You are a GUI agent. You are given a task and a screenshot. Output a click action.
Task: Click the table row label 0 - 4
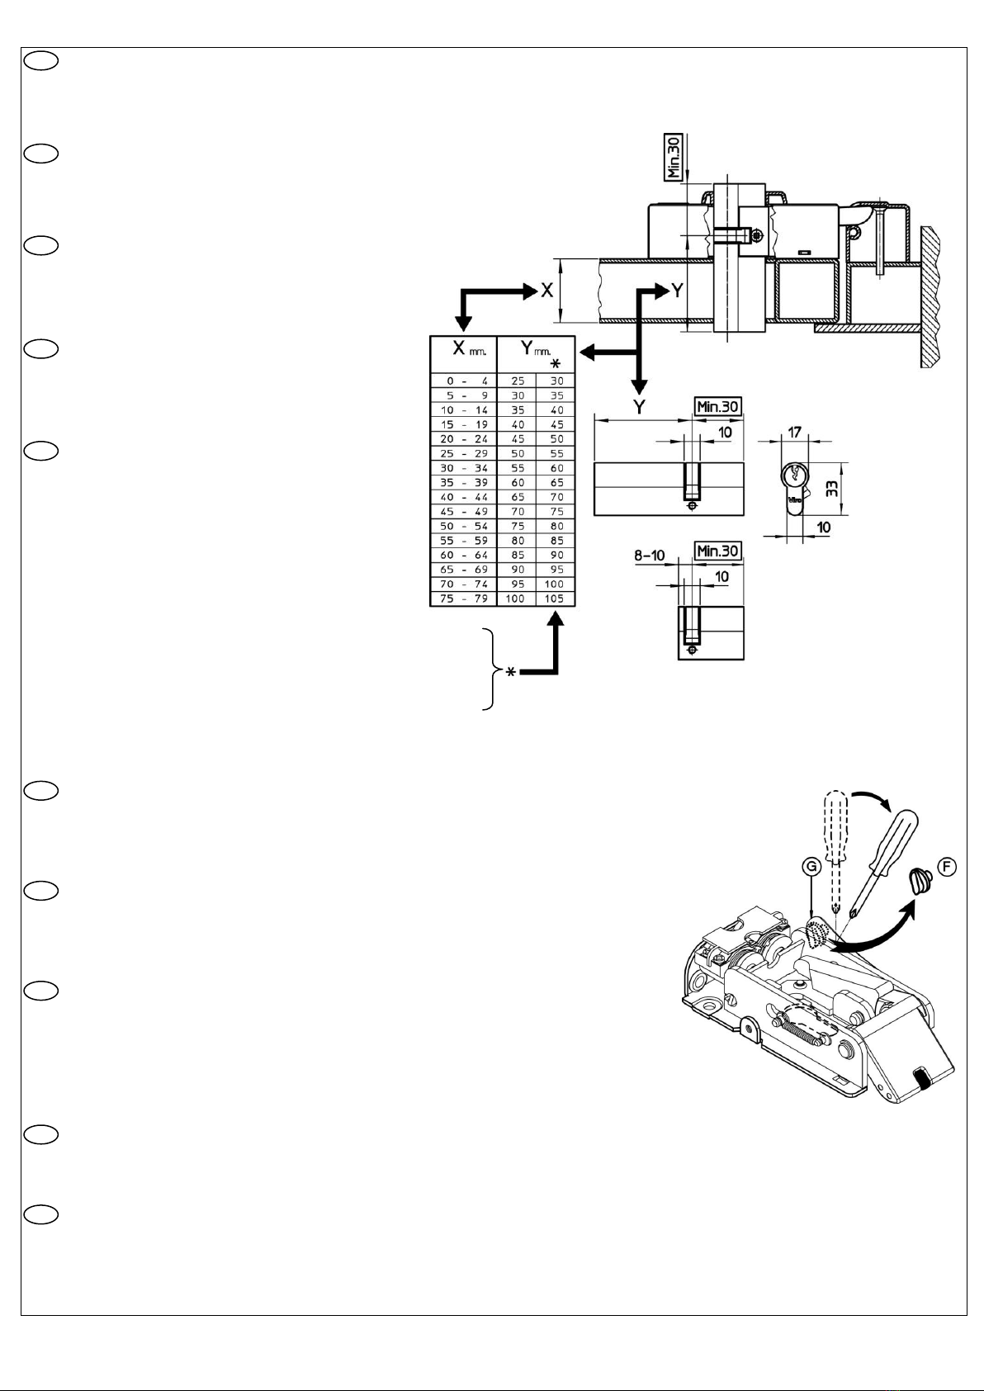click(467, 381)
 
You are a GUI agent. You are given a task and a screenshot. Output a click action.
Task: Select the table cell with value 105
click(555, 599)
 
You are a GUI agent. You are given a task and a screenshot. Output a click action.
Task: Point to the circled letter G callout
click(812, 867)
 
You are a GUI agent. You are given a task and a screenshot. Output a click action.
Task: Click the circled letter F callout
click(947, 867)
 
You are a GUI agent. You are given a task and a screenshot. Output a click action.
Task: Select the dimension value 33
click(832, 488)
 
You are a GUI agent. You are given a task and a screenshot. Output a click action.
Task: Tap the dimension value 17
click(794, 432)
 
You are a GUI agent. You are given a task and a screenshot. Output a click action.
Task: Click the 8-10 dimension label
click(650, 555)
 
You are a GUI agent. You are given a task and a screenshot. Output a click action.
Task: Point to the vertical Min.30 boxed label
click(673, 157)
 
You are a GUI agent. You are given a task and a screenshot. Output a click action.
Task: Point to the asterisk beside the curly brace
click(510, 672)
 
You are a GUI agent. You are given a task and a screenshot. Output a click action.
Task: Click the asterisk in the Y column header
click(555, 364)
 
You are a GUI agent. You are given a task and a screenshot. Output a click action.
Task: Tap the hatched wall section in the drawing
click(933, 297)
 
